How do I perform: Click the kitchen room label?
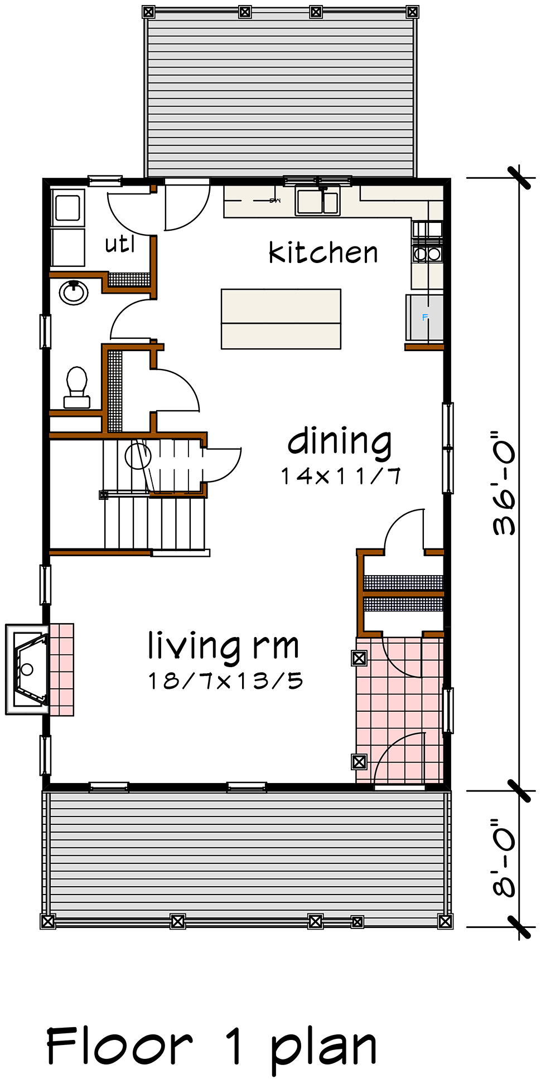[x=323, y=252]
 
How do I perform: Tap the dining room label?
[x=340, y=442]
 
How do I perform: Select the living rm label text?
[x=223, y=648]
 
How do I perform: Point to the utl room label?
[x=120, y=244]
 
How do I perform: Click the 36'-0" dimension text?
[x=504, y=483]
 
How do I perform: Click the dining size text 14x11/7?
[x=341, y=476]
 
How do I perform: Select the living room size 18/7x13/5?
[x=225, y=680]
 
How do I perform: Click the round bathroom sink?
[x=74, y=293]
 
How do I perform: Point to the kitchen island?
[x=281, y=319]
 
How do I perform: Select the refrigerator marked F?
[x=424, y=318]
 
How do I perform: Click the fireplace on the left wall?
[x=27, y=669]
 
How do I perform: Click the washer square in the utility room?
[x=67, y=207]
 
